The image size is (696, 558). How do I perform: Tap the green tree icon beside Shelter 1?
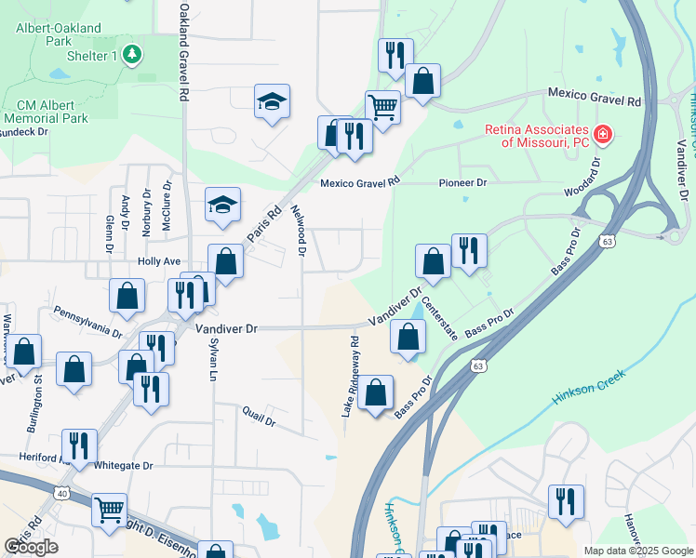[x=132, y=55]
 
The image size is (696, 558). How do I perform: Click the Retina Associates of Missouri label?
[x=535, y=136]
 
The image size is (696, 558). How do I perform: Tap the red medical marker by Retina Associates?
[x=603, y=135]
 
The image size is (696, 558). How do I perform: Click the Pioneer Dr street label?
[x=468, y=183]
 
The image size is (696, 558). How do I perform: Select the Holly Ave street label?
[x=158, y=262]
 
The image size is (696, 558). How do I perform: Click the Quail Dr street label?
[x=259, y=415]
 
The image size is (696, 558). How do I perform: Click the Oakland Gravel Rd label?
[x=184, y=51]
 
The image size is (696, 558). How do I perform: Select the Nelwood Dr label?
[x=299, y=230]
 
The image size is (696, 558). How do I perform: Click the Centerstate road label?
[x=439, y=317]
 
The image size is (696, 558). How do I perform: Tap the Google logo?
[x=32, y=547]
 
